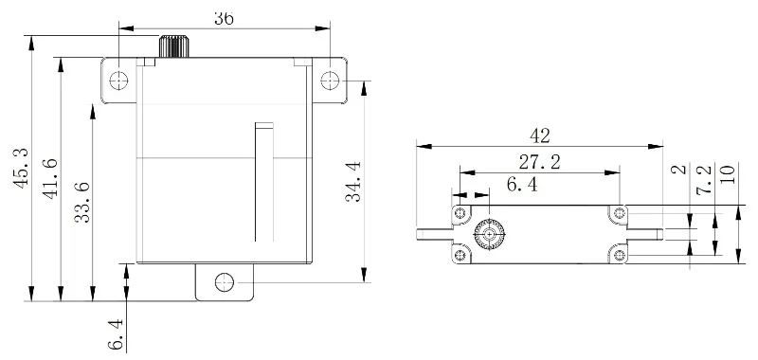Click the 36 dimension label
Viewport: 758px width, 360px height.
(224, 18)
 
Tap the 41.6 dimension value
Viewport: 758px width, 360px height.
(50, 178)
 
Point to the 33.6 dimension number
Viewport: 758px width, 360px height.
(82, 203)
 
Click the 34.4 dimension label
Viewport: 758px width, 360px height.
(352, 182)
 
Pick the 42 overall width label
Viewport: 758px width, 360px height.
(539, 136)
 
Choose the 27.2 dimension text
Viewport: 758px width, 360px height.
(539, 162)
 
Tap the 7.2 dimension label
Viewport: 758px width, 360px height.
(704, 179)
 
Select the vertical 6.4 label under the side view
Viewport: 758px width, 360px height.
(116, 334)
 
